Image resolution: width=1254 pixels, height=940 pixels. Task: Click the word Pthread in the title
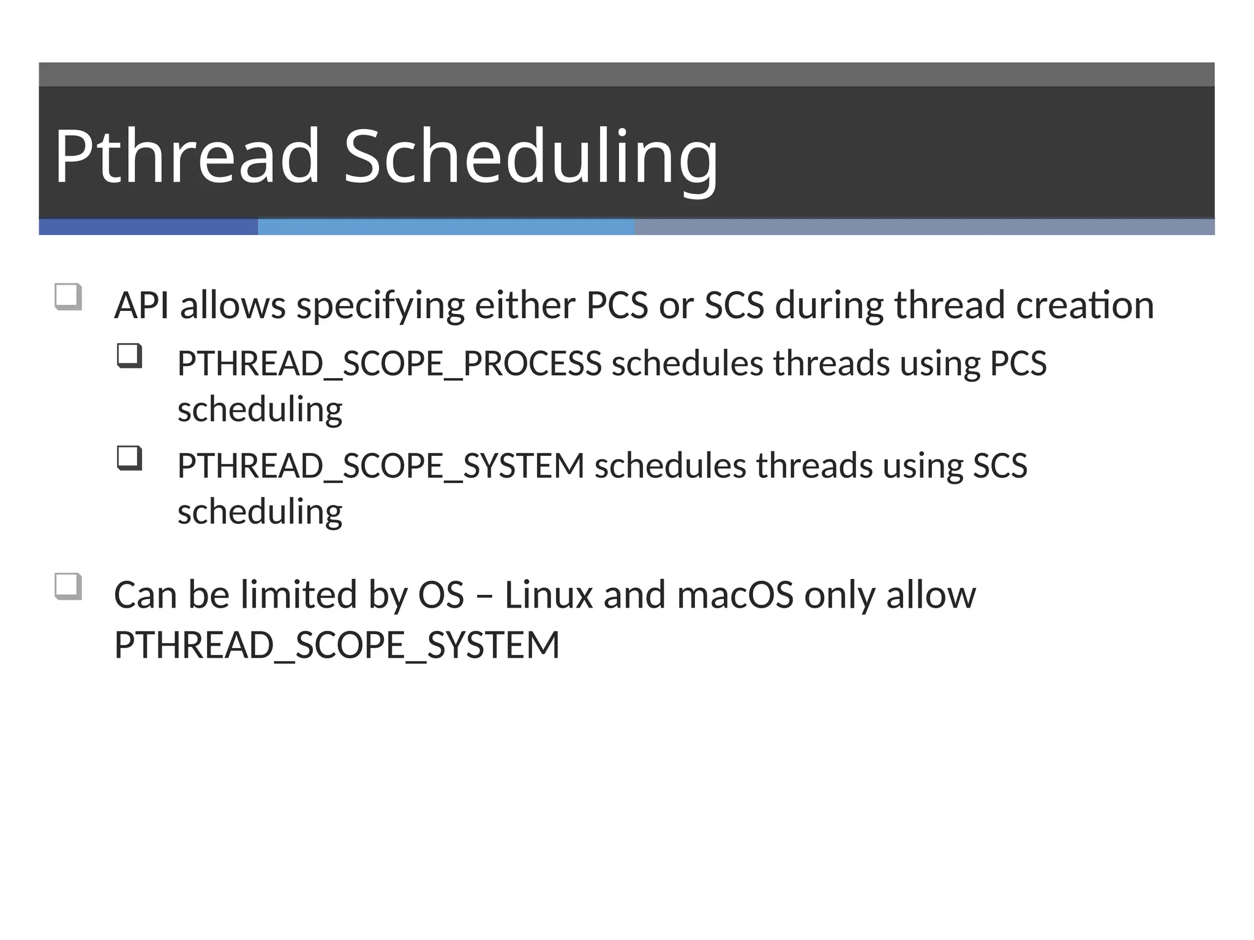click(x=187, y=156)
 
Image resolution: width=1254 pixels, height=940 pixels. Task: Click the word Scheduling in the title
click(x=530, y=156)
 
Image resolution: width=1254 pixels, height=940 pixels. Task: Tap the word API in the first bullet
click(x=141, y=305)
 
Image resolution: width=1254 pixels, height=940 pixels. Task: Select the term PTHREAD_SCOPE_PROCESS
click(x=389, y=364)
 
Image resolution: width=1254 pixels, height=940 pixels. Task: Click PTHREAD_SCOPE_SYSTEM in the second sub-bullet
click(x=381, y=466)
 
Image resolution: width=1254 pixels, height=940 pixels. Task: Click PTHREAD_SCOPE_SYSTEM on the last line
click(x=337, y=645)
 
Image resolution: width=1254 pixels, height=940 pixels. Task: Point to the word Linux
click(x=549, y=595)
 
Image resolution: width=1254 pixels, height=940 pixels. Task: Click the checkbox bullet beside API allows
click(x=68, y=297)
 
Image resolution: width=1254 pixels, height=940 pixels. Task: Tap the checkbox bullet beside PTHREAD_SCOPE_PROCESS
click(x=129, y=356)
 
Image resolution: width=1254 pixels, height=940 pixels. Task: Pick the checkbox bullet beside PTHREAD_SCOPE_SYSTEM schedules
click(x=129, y=458)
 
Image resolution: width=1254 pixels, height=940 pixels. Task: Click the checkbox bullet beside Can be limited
click(x=68, y=586)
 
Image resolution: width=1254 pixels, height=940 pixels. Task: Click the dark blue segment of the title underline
click(x=148, y=227)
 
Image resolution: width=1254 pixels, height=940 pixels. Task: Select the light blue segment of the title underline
click(x=446, y=227)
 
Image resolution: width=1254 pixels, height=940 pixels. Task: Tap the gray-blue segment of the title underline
click(x=924, y=227)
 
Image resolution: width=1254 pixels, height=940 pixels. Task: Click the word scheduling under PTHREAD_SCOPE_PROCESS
click(x=260, y=409)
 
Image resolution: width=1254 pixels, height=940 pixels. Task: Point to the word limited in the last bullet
click(x=298, y=595)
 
